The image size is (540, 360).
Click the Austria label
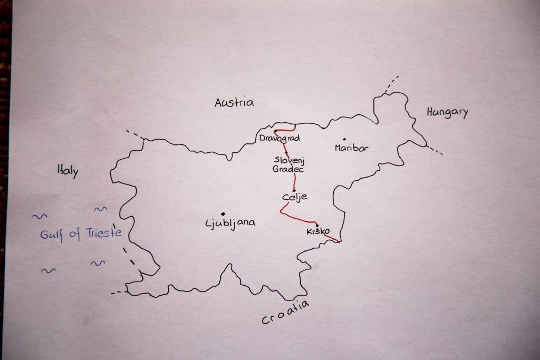(234, 103)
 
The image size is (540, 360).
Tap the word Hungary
(447, 112)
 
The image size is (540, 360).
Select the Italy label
(67, 170)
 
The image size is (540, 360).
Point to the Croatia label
(285, 313)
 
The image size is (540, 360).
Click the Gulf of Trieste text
(81, 233)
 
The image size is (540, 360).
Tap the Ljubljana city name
(230, 223)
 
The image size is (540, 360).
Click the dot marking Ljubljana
(223, 213)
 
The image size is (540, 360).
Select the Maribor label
(351, 148)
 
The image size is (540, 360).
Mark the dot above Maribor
(344, 140)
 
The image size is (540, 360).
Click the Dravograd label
(279, 139)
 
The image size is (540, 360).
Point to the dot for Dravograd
(275, 131)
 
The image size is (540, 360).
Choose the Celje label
(294, 197)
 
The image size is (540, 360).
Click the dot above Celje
(294, 190)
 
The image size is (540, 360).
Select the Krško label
(318, 232)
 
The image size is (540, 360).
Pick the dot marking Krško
(316, 225)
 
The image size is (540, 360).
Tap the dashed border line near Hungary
(435, 150)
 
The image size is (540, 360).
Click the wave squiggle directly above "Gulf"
(39, 216)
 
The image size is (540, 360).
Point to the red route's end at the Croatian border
(339, 242)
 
